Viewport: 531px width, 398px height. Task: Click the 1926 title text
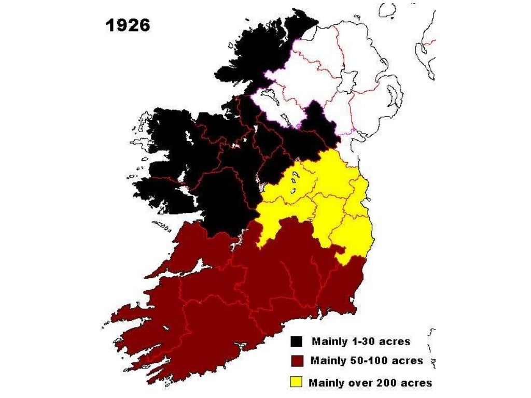[x=128, y=25]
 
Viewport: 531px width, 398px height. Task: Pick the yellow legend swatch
[x=296, y=382]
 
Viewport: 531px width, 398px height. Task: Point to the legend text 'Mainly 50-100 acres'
[x=366, y=361]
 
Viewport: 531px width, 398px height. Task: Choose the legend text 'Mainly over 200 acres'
[x=370, y=383]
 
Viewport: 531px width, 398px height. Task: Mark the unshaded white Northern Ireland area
[x=332, y=78]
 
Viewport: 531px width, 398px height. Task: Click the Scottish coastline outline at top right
[x=425, y=47]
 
